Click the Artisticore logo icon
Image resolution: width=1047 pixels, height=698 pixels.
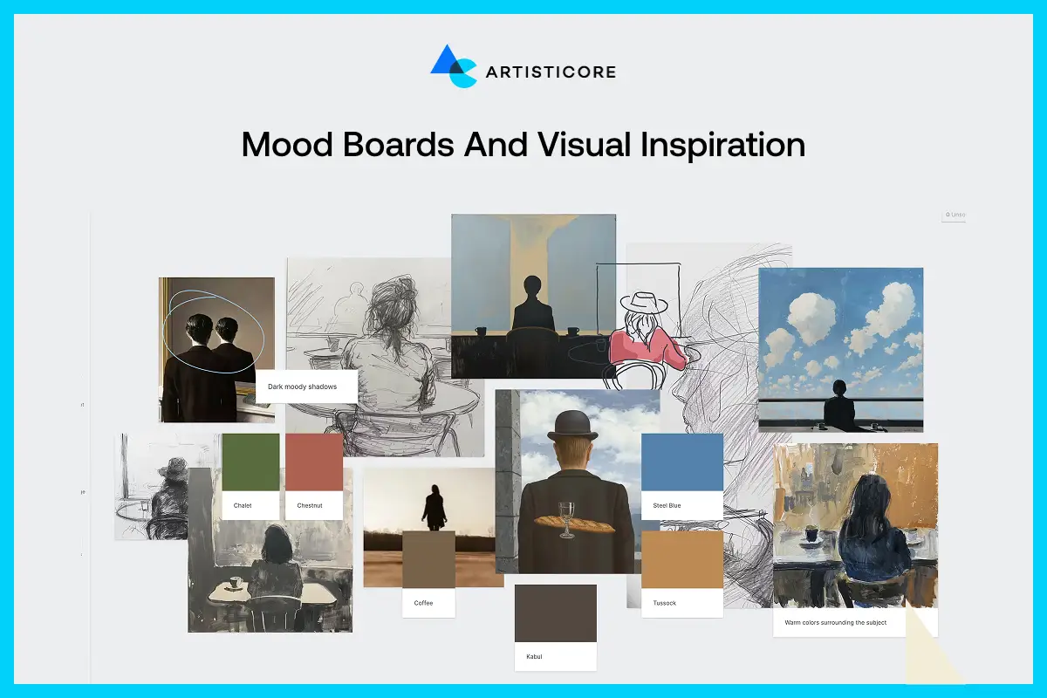pos(453,66)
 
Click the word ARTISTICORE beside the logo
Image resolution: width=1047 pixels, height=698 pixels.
pos(551,72)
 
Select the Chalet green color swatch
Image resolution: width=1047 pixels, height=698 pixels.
pos(250,462)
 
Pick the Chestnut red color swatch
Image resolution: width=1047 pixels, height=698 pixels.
pos(314,462)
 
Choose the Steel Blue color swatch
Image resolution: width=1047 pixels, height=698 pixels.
pos(682,462)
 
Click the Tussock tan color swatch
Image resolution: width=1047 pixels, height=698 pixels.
pos(682,559)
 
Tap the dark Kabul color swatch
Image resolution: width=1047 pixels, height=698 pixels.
pos(556,613)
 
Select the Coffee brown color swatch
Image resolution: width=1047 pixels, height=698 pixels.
pos(428,559)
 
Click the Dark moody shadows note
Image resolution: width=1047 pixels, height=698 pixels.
pos(306,386)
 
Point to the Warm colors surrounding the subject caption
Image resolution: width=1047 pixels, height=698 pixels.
pos(835,622)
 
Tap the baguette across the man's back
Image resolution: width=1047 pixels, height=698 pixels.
pos(573,523)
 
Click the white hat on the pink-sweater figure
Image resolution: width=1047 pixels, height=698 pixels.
pos(644,303)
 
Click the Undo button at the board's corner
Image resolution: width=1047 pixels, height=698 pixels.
pos(955,215)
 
